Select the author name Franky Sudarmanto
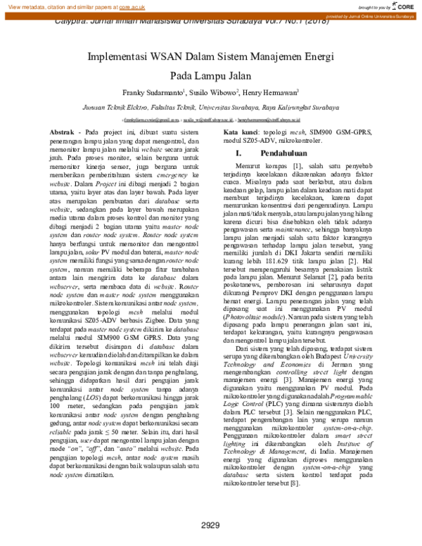153,91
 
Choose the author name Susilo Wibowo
215,91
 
